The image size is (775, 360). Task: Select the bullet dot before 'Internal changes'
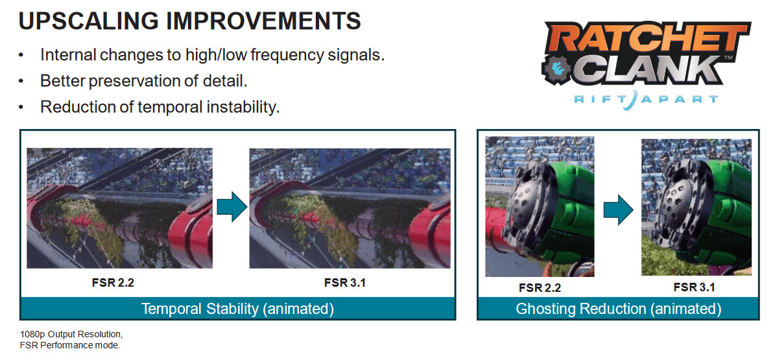tap(21, 56)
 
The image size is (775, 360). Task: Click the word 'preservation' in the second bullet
tap(131, 80)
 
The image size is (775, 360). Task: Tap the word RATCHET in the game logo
tap(647, 39)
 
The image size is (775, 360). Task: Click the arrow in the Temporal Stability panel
tap(232, 207)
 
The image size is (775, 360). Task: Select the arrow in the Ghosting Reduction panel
tap(618, 210)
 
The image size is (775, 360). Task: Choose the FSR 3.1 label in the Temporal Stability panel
tap(344, 283)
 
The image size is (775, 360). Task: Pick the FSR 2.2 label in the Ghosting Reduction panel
tap(540, 287)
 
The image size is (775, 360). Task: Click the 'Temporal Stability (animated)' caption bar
tap(238, 309)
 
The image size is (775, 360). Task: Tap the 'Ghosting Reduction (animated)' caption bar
tap(618, 309)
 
